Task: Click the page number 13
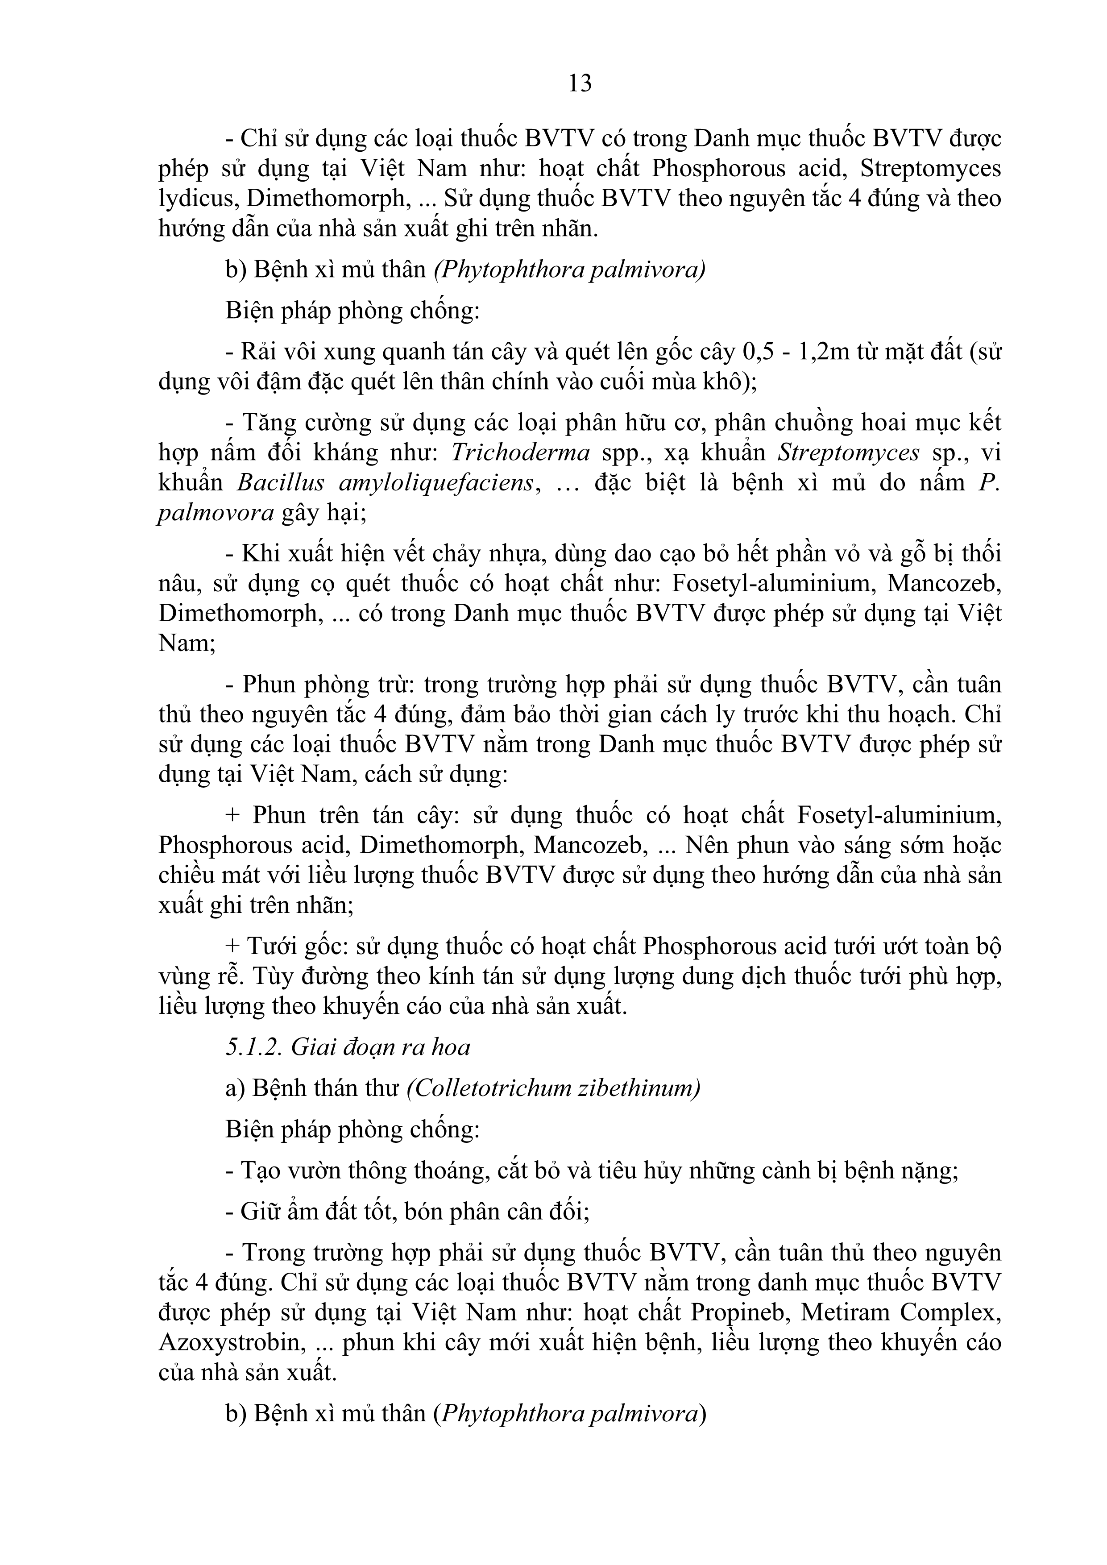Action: (580, 83)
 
